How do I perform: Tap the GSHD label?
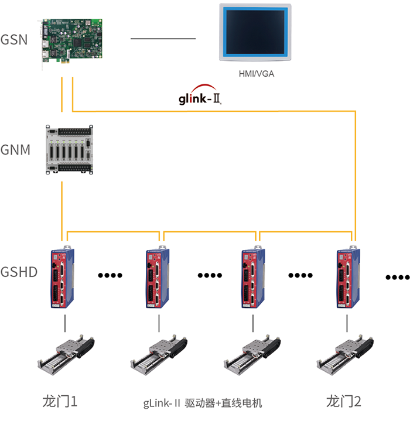(19, 273)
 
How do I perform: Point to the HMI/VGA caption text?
(256, 74)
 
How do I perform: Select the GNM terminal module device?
(70, 150)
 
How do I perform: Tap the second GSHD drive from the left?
(158, 278)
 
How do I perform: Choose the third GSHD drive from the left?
(254, 278)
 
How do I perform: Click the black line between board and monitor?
(163, 39)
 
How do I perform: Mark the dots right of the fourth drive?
(397, 276)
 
